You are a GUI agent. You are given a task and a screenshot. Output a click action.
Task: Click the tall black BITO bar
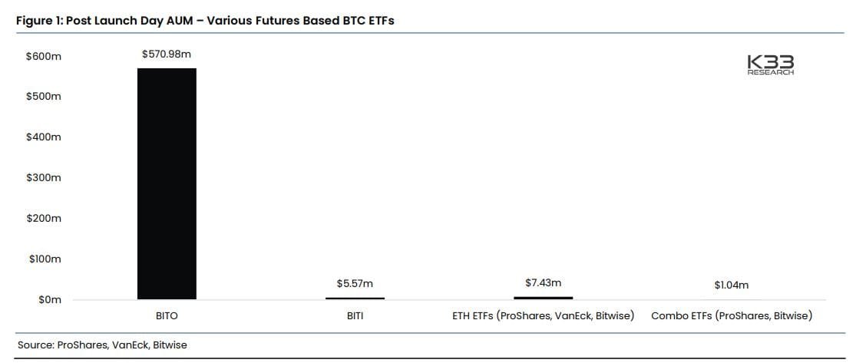coord(167,183)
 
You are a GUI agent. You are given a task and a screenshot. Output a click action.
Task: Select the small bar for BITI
coord(355,298)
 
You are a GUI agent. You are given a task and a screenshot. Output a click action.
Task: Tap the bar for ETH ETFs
coord(543,297)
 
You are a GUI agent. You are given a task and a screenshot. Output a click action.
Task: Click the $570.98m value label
coord(167,54)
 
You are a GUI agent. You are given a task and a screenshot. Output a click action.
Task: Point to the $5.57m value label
coord(355,283)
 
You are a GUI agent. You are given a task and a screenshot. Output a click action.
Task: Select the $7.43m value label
coord(543,282)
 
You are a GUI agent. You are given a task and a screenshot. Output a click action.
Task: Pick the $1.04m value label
coord(731,285)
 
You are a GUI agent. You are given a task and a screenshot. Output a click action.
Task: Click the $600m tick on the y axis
coord(44,56)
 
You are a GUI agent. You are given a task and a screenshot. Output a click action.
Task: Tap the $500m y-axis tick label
coord(44,97)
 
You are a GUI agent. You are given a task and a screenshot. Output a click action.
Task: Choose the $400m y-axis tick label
coord(44,137)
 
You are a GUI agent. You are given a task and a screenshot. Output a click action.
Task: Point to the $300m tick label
coord(44,177)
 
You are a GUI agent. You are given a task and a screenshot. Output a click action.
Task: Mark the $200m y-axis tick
coord(44,218)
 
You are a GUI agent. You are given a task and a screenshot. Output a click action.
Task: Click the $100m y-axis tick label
coord(44,259)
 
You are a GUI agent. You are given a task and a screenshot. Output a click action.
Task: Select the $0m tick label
coord(49,299)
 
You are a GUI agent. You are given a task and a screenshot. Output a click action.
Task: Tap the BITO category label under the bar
coord(167,315)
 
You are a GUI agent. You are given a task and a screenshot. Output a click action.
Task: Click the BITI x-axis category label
coord(355,315)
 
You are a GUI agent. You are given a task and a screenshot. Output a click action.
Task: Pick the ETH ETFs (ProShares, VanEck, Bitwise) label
coord(543,315)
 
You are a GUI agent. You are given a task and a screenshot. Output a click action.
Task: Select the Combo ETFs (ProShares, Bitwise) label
coord(731,315)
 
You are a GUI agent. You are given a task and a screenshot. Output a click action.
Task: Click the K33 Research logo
coord(770,65)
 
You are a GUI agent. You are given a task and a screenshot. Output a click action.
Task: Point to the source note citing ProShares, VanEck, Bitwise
coord(102,345)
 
